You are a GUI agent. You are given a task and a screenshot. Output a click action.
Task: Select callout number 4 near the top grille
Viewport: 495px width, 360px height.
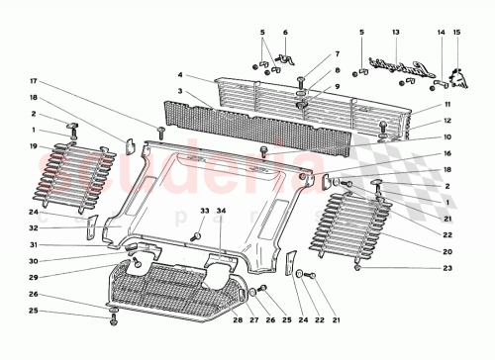point(180,75)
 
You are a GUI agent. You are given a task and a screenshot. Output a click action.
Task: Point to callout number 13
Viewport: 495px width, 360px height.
point(395,33)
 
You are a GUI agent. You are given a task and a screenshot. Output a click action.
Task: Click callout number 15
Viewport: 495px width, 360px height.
point(457,33)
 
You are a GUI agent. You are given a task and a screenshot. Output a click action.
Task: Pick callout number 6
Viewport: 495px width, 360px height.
point(285,33)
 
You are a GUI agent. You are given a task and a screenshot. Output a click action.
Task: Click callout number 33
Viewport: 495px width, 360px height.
point(206,211)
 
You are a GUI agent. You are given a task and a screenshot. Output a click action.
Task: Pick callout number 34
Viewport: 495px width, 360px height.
point(222,211)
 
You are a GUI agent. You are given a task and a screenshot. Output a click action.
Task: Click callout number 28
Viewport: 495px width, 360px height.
point(237,319)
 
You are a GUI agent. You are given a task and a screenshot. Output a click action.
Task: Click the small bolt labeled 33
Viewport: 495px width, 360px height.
point(196,237)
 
